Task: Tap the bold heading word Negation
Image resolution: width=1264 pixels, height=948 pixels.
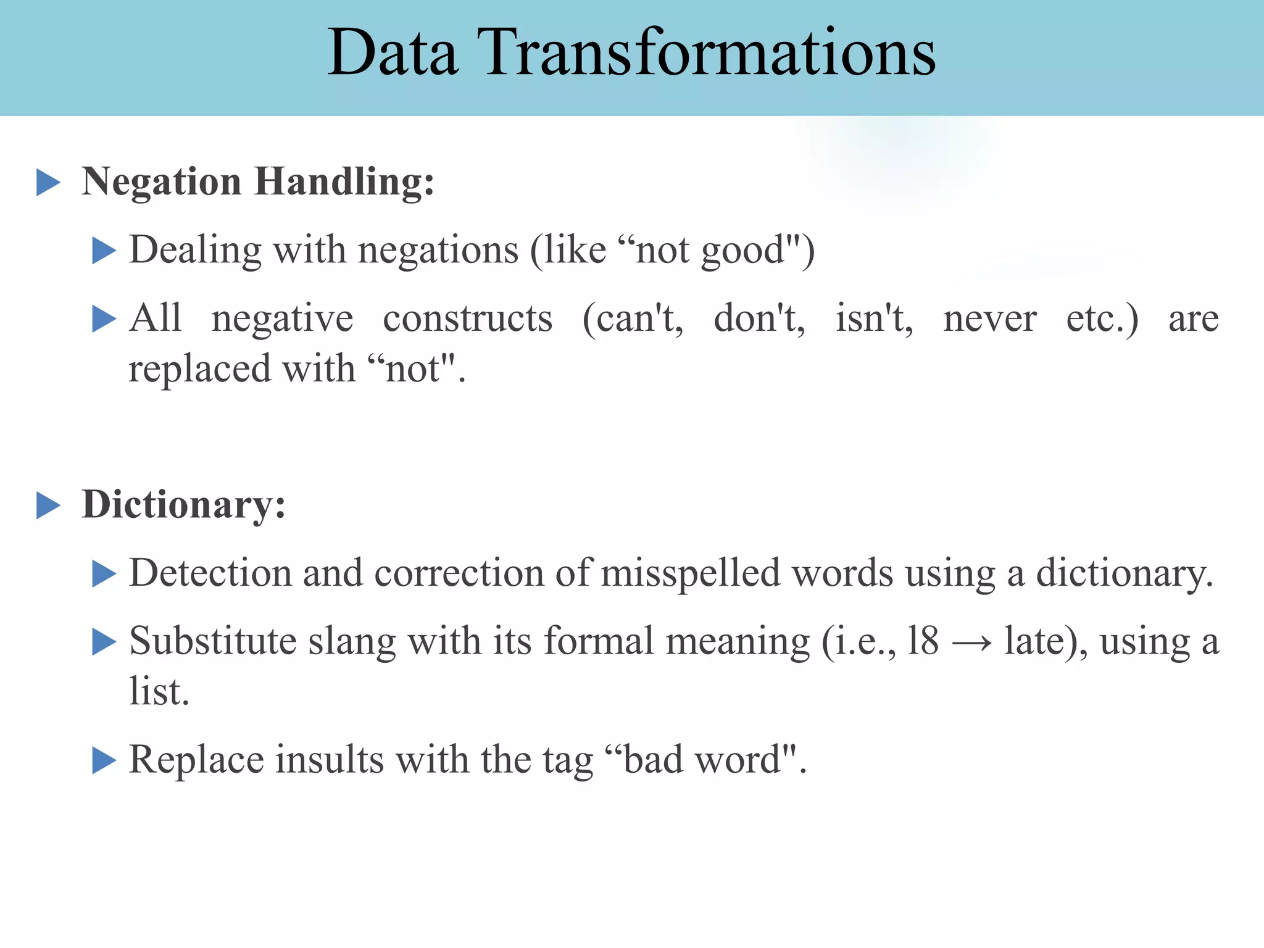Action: [162, 183]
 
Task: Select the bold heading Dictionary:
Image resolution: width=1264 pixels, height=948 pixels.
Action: [184, 505]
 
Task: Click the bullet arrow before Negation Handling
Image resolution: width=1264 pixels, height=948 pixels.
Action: [48, 183]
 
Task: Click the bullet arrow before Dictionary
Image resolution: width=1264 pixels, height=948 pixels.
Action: [48, 505]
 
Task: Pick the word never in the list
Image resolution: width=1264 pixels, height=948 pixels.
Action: [989, 319]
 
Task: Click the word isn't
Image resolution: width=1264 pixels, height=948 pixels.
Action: [873, 319]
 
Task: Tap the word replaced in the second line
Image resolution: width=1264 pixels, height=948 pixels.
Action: [199, 370]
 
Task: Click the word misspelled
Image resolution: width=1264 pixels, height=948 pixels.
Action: [691, 573]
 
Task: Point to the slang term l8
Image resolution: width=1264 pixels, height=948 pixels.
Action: [923, 641]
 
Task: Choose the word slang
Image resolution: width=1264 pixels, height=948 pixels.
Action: [352, 642]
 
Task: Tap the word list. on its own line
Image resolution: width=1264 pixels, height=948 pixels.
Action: [159, 692]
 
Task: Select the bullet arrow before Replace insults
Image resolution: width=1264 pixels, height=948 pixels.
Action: [104, 760]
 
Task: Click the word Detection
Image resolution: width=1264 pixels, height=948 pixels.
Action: [210, 573]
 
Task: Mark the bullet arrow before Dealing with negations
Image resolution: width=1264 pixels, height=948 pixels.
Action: [104, 251]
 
